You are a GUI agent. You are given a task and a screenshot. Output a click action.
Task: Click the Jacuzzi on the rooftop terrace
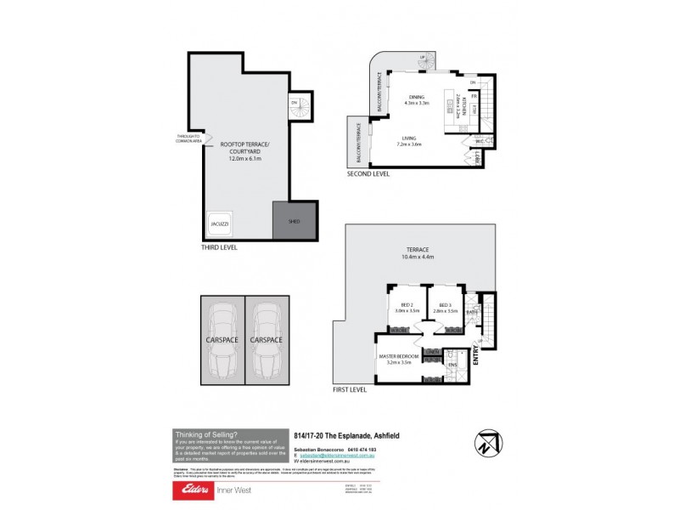click(x=220, y=224)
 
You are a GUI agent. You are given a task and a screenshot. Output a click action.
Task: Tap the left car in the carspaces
click(x=222, y=337)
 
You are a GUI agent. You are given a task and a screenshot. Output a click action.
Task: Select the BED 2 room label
click(x=407, y=305)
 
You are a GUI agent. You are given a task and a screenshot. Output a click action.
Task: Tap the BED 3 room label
click(x=444, y=305)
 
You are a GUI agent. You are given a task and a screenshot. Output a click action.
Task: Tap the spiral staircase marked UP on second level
click(x=426, y=61)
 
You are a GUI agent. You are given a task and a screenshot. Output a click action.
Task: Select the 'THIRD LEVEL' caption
click(x=219, y=247)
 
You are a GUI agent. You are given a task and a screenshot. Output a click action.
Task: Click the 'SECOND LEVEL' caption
click(x=368, y=173)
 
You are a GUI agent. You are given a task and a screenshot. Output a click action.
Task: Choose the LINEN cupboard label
click(x=432, y=352)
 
